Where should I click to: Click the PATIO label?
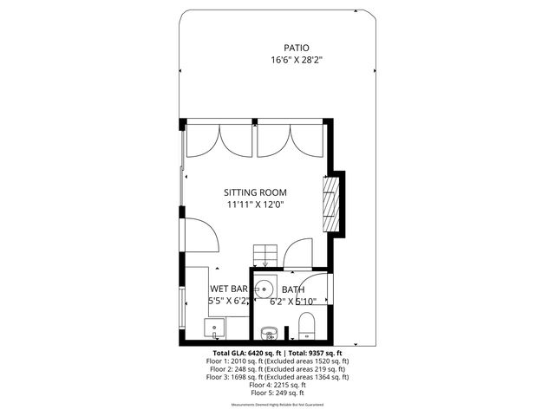click(296, 48)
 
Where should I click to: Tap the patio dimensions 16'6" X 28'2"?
click(296, 60)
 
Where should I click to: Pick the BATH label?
click(292, 289)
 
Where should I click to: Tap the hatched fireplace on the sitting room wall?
click(330, 204)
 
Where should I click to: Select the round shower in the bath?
click(266, 289)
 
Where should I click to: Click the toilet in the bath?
click(305, 327)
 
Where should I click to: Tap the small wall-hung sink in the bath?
click(268, 333)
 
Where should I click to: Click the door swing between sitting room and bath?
click(298, 250)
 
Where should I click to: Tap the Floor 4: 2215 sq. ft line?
click(277, 385)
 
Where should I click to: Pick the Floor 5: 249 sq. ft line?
click(277, 393)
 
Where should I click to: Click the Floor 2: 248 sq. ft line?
click(277, 369)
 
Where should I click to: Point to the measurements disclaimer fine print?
click(277, 405)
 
